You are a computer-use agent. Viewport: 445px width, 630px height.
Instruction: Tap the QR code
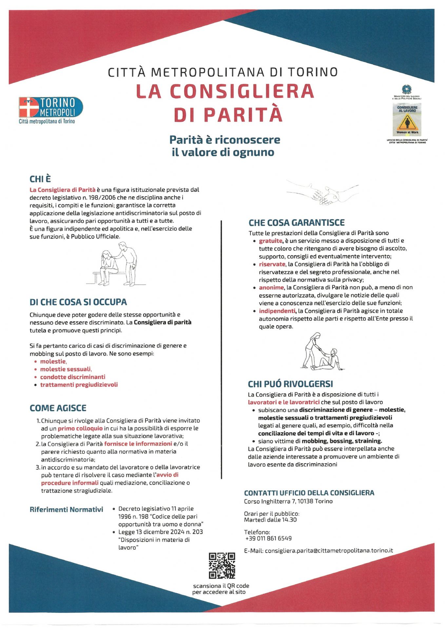[222, 565]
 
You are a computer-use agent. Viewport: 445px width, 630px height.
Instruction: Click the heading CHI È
[40, 179]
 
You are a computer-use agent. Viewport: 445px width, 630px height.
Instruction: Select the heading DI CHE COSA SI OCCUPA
[78, 302]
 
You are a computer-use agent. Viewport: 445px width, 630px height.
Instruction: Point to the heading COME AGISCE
[58, 408]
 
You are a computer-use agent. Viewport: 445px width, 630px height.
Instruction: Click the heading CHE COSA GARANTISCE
[297, 223]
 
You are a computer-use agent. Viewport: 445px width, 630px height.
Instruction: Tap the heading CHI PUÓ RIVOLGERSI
[290, 384]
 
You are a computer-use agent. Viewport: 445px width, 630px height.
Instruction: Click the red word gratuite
[270, 241]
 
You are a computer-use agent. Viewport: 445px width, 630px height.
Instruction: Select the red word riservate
[272, 264]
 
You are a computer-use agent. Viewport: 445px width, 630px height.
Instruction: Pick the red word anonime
[271, 287]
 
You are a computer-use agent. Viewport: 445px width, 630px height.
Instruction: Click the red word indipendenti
[277, 311]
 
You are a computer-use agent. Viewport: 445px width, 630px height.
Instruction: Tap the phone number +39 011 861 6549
[268, 538]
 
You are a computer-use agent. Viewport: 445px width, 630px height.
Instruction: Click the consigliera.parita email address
[329, 551]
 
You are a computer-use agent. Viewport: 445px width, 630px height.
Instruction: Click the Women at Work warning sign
[407, 123]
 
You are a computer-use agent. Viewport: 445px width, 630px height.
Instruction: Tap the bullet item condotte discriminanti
[72, 377]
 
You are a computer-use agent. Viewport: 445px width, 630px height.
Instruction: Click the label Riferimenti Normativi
[66, 509]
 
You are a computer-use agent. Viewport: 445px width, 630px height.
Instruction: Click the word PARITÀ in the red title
[243, 114]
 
